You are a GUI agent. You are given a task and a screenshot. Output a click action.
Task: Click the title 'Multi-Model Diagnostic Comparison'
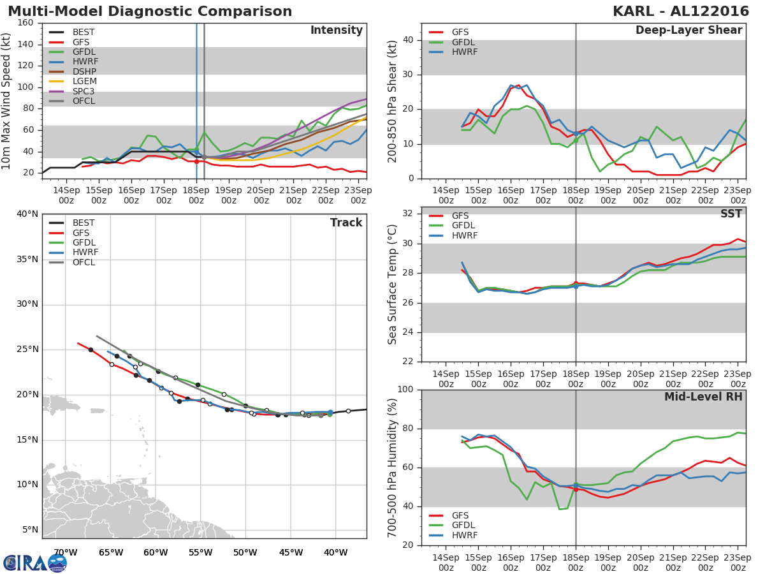[150, 11]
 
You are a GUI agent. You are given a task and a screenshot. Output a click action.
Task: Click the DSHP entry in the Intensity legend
[85, 71]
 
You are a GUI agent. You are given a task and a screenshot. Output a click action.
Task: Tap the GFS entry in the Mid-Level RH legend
[460, 515]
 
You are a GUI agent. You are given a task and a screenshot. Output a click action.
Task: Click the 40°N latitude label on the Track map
[27, 214]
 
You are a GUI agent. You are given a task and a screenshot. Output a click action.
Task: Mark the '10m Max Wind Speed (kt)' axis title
[6, 101]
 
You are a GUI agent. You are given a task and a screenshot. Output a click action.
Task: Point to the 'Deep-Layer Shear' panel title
[688, 31]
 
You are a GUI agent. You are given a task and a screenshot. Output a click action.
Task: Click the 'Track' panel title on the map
[346, 223]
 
